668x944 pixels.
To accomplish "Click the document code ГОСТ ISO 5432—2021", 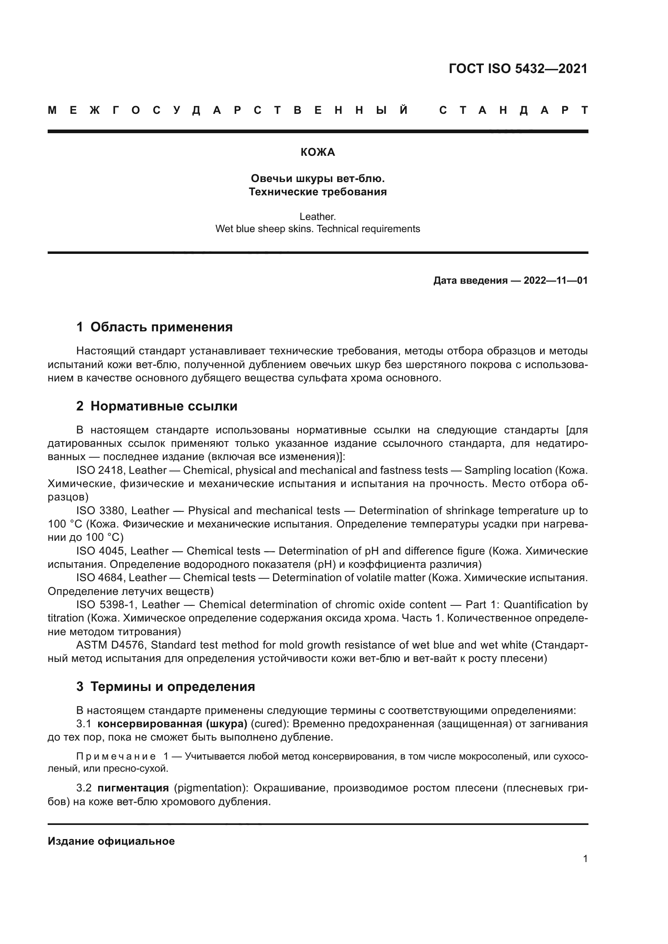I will point(518,69).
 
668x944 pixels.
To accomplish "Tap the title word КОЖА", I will point(317,153).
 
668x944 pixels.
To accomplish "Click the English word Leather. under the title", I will point(317,216).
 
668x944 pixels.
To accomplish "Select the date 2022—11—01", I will point(556,281).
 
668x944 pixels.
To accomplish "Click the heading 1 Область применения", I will point(154,327).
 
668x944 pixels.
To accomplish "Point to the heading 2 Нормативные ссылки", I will point(157,406).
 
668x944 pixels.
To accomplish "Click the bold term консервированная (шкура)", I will point(172,724).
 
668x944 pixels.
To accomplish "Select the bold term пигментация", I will point(133,788).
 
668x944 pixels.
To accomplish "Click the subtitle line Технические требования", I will point(317,192).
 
